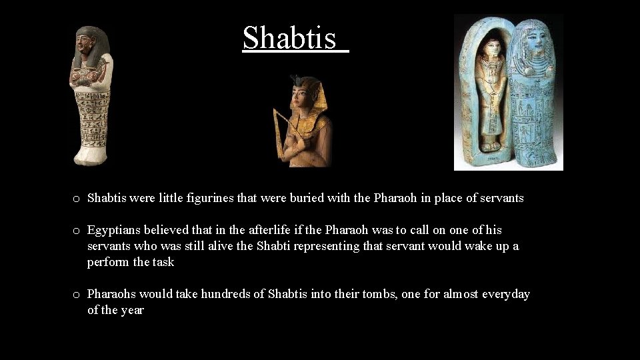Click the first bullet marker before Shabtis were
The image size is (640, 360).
77,199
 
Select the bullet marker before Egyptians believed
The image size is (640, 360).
77,231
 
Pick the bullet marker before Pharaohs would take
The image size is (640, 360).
77,295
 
